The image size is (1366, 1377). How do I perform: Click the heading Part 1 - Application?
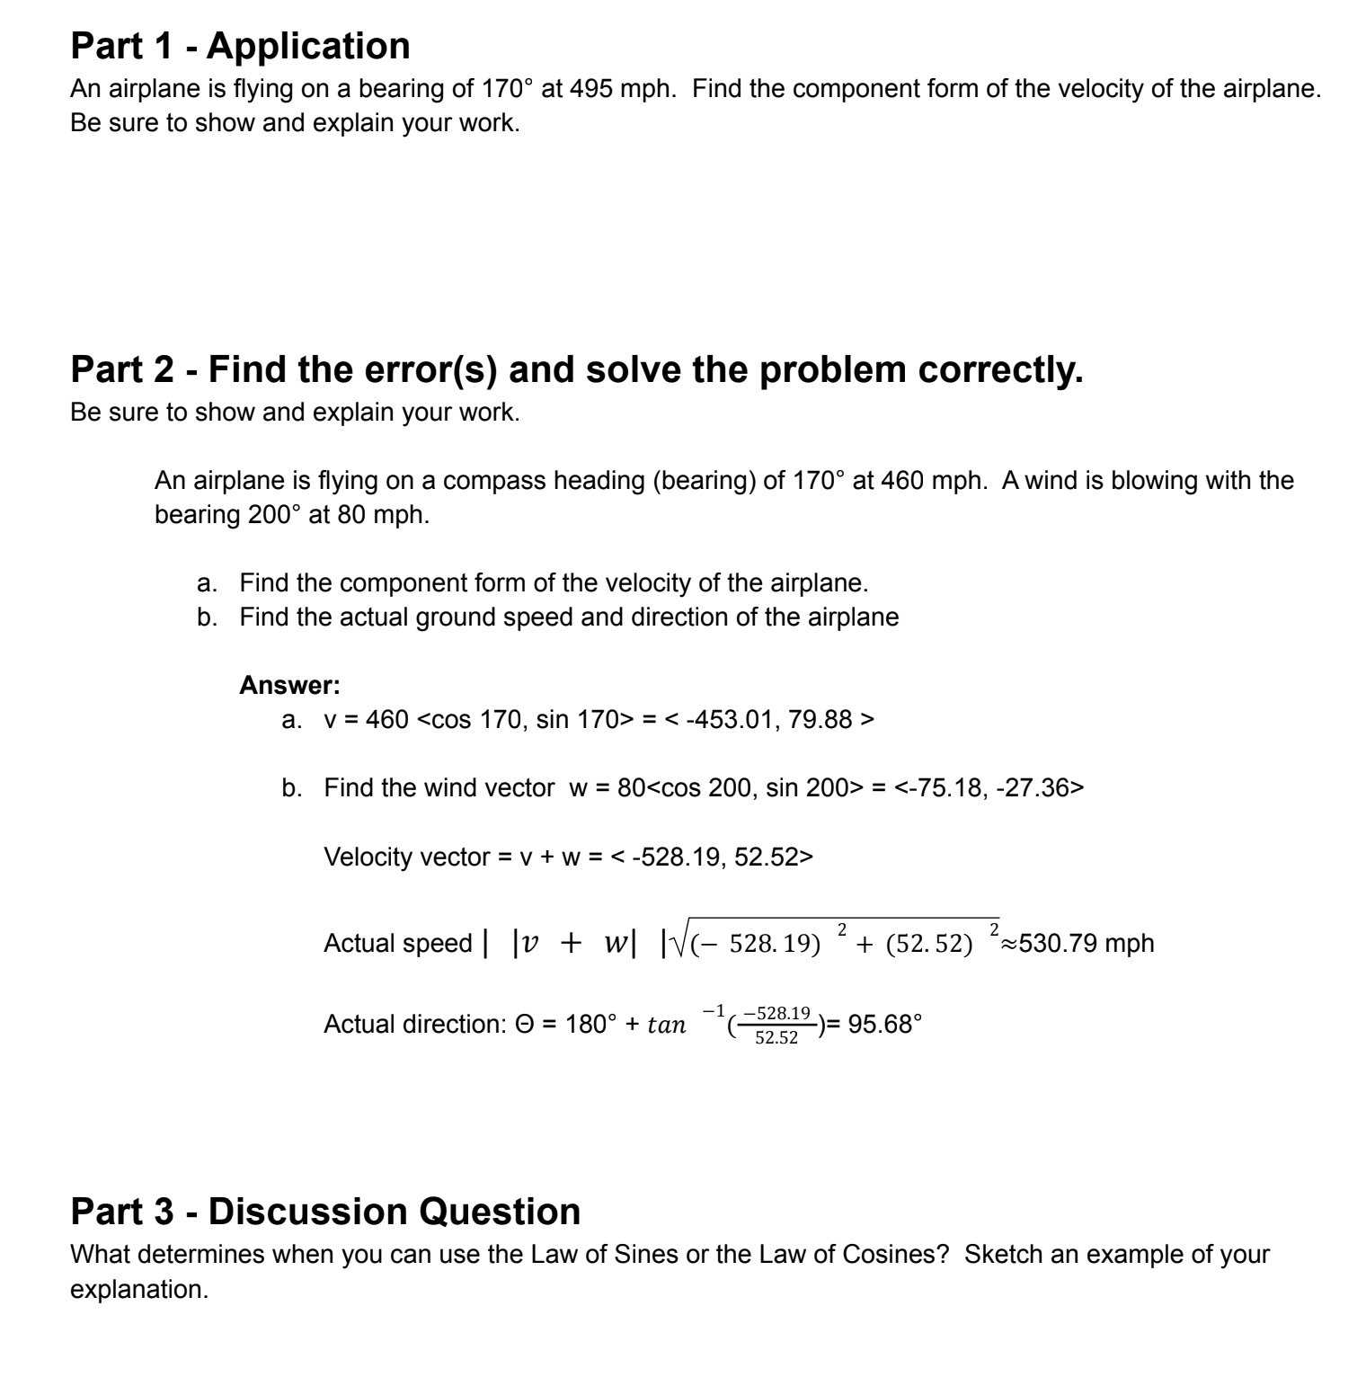tap(240, 46)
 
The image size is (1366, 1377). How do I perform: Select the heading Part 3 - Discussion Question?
tap(325, 1212)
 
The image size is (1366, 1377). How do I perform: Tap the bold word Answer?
tap(289, 686)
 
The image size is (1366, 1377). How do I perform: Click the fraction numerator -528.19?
tap(776, 1013)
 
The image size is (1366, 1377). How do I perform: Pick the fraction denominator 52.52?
tap(776, 1038)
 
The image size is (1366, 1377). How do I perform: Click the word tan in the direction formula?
tap(666, 1025)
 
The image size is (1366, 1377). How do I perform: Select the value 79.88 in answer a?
tap(820, 720)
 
